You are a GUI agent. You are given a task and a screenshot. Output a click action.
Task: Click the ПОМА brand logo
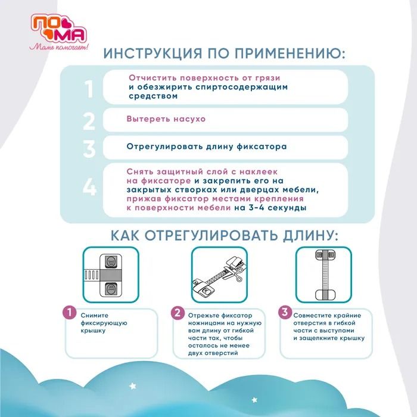tap(59, 29)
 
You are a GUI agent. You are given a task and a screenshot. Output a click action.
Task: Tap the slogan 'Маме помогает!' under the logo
tap(59, 47)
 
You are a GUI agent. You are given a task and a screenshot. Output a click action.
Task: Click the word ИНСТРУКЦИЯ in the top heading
tap(153, 53)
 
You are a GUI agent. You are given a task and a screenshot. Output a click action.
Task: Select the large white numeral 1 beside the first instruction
tap(89, 89)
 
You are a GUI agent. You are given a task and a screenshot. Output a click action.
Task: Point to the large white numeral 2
tap(89, 121)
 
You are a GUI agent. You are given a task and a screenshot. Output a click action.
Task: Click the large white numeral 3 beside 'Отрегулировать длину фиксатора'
tap(89, 149)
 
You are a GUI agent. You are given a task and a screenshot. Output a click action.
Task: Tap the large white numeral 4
tap(89, 186)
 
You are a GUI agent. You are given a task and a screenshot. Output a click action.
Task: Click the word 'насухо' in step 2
tap(189, 119)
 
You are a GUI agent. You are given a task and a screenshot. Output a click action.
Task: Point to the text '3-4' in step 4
tap(256, 208)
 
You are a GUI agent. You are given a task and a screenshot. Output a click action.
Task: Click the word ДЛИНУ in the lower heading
tap(310, 236)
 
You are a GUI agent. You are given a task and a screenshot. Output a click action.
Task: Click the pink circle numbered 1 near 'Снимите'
tap(70, 313)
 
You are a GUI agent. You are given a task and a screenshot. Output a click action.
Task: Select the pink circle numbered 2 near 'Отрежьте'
tap(178, 313)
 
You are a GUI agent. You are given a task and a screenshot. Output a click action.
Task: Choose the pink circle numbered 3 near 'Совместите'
tap(285, 312)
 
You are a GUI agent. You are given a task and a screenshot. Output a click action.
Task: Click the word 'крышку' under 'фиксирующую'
tap(93, 331)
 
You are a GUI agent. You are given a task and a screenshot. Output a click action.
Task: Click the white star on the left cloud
tap(132, 385)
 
